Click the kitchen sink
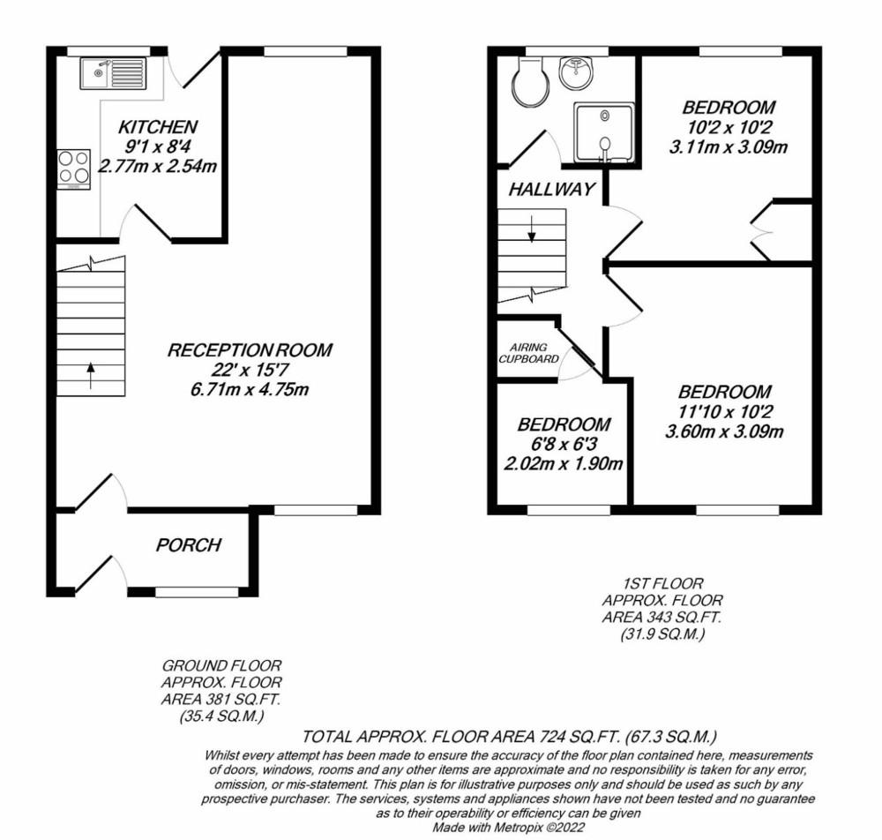click(x=113, y=74)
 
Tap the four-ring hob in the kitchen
click(x=74, y=169)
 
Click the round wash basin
click(x=576, y=74)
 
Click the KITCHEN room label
click(x=158, y=126)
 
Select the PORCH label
click(x=189, y=544)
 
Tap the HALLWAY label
click(x=551, y=189)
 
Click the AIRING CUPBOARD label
click(x=528, y=353)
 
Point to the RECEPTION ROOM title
click(x=250, y=350)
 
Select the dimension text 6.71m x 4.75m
click(x=250, y=389)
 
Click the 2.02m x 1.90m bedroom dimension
click(x=563, y=463)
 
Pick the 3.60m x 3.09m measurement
click(x=724, y=431)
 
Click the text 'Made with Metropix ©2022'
click(x=509, y=828)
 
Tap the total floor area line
click(x=510, y=737)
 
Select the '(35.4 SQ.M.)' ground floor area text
click(x=221, y=716)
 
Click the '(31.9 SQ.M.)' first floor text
click(x=662, y=634)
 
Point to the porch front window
click(x=197, y=592)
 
